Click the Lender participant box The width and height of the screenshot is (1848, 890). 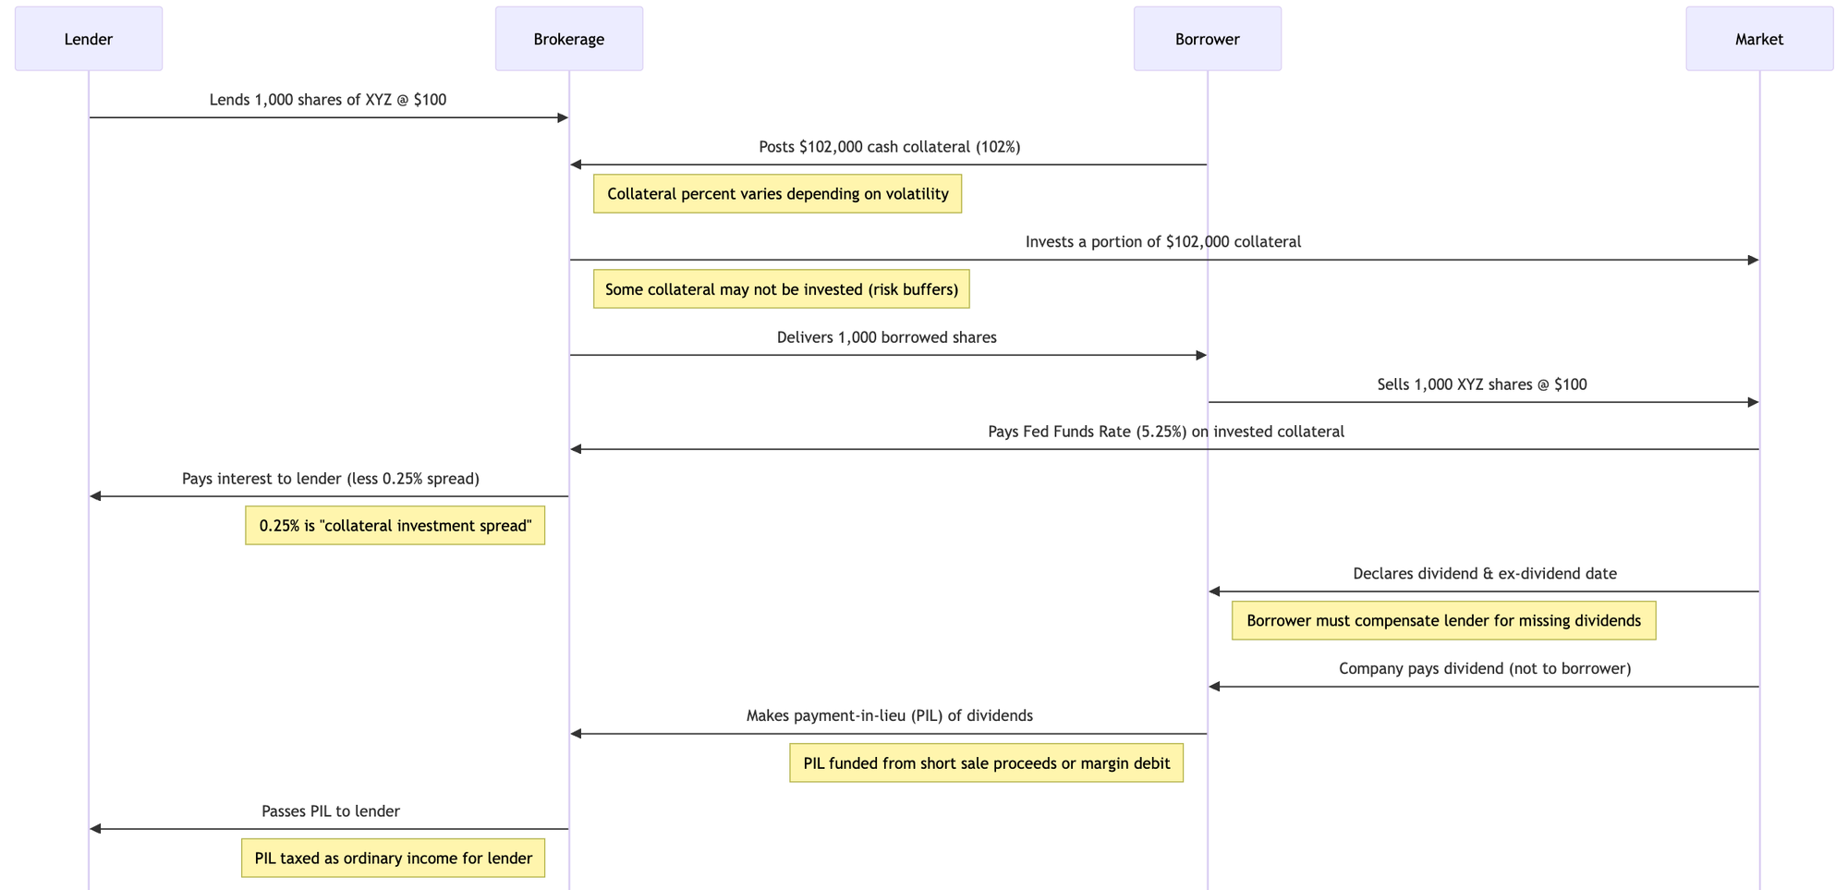pos(89,39)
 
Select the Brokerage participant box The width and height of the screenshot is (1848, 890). pos(569,39)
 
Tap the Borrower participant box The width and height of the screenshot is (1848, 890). pos(1208,39)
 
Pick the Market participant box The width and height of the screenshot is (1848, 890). pos(1759,39)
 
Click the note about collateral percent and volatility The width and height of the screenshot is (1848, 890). pos(778,194)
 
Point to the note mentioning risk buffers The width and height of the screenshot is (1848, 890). pos(782,289)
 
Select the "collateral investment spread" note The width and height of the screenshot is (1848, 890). pos(395,526)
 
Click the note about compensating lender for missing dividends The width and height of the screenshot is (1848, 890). pos(1443,620)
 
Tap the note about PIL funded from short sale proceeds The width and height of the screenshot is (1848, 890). pos(987,763)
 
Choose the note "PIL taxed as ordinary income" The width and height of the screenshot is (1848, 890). pos(394,858)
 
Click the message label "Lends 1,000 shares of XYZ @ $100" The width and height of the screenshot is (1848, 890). pos(328,100)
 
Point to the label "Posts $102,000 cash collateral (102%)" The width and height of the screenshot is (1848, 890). pos(890,147)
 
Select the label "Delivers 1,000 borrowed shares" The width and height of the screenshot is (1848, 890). pos(887,337)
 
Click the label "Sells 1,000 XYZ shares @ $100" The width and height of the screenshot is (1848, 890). pos(1482,384)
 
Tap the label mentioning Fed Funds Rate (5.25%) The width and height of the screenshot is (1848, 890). pos(1166,432)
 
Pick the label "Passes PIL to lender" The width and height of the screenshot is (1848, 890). pos(331,811)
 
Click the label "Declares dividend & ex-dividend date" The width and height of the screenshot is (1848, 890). pos(1485,574)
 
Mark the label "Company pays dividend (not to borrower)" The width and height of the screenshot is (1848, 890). pos(1485,668)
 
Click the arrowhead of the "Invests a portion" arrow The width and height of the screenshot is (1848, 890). pos(1753,261)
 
